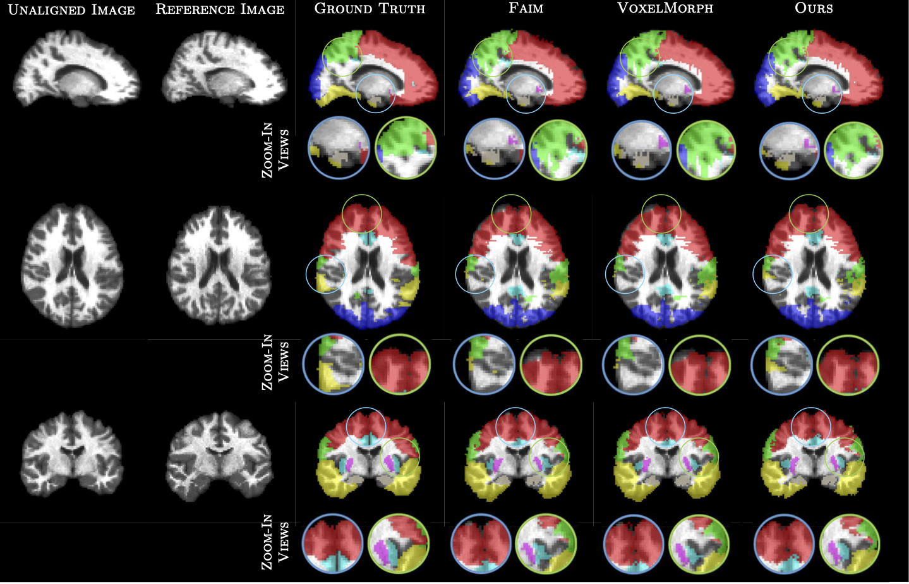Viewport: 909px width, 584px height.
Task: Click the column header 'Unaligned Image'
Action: [71, 9]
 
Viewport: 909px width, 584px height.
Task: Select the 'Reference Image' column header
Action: [220, 9]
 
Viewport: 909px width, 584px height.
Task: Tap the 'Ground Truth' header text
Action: [370, 9]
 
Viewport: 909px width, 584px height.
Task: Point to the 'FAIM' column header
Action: [526, 8]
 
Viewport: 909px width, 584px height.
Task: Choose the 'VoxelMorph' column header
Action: [665, 8]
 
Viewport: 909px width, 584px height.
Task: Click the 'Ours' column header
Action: [814, 8]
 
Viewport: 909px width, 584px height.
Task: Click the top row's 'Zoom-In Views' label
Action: [275, 150]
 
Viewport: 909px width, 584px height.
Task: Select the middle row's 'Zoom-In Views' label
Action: [275, 362]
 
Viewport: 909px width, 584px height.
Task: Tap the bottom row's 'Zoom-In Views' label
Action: [275, 542]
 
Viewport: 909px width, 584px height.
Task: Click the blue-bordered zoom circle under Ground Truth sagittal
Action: [339, 148]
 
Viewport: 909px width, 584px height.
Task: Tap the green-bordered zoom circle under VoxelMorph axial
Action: [700, 365]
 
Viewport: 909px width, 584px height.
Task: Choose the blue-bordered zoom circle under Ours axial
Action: [781, 365]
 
